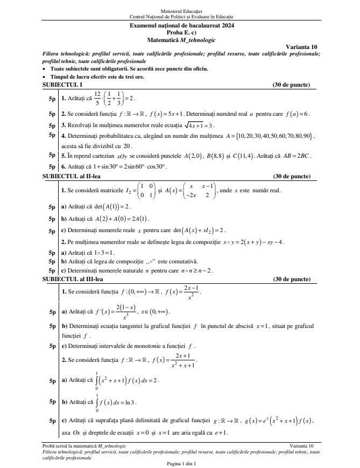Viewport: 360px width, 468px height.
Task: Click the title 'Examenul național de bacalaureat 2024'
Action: [182, 25]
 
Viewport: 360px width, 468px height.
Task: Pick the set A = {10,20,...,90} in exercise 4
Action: [272, 136]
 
